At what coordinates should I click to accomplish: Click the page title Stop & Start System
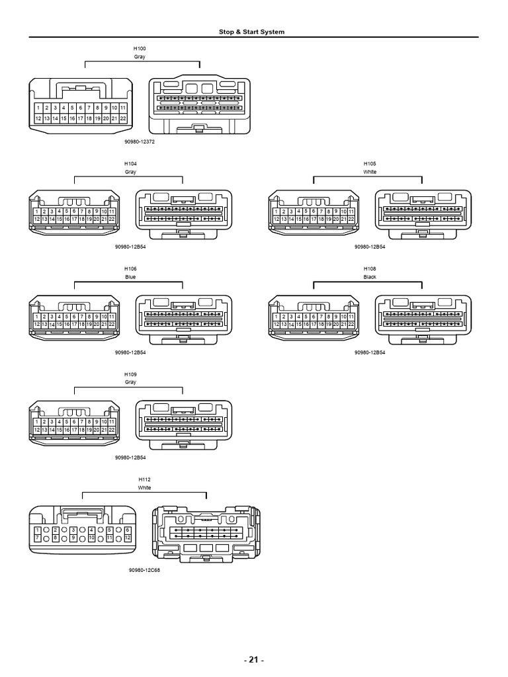click(x=251, y=32)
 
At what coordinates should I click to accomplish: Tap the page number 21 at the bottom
click(x=253, y=659)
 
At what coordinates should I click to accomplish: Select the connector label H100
click(x=140, y=48)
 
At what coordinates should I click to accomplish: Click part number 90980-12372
click(x=140, y=141)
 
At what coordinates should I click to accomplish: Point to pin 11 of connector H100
click(x=122, y=108)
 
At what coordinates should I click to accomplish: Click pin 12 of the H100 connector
click(x=38, y=118)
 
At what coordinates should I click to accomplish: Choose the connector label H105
click(x=370, y=164)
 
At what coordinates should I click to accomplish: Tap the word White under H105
click(x=370, y=172)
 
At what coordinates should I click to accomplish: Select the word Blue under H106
click(x=130, y=277)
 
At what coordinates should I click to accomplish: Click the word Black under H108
click(x=370, y=277)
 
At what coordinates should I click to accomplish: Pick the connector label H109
click(x=130, y=374)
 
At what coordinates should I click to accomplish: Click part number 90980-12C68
click(x=144, y=570)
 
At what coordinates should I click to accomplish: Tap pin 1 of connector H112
click(x=38, y=530)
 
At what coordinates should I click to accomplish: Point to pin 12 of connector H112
click(x=128, y=538)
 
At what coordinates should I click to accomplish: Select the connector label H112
click(x=144, y=479)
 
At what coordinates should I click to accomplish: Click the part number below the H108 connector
click(x=370, y=352)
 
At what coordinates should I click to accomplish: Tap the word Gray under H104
click(x=130, y=172)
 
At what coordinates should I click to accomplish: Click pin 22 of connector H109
click(x=111, y=430)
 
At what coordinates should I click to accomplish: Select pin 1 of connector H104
click(x=37, y=212)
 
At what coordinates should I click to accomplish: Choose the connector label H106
click(x=130, y=268)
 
